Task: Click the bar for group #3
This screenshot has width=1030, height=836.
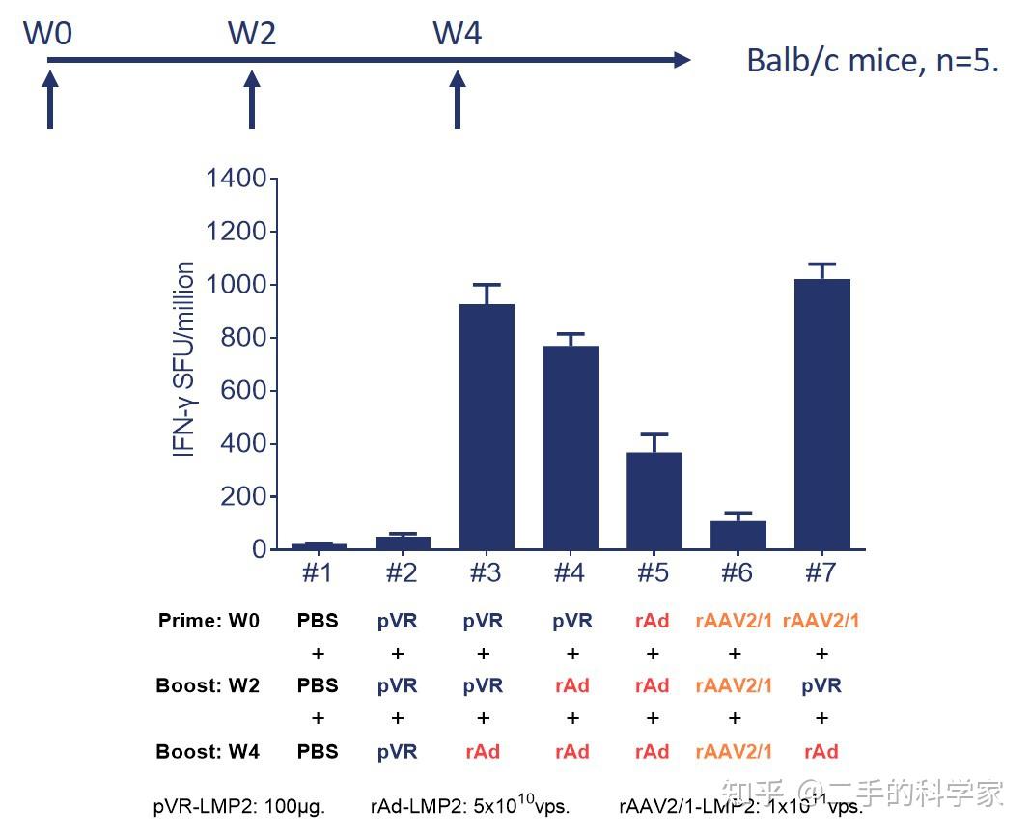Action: [486, 427]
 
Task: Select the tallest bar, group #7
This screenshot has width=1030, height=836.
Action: [821, 414]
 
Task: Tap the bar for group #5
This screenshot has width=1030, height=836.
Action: [654, 500]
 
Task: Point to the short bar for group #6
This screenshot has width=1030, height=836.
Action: [738, 535]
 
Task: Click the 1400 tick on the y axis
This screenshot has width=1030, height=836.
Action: [236, 179]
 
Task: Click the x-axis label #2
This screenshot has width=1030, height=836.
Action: [401, 573]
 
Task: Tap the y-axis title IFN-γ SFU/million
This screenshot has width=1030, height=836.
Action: [184, 359]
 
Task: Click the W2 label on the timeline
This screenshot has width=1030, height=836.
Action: [252, 34]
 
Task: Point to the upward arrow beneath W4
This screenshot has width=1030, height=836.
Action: [458, 101]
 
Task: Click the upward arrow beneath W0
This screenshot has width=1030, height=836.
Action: [50, 101]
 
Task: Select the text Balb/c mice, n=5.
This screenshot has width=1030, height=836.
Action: [873, 61]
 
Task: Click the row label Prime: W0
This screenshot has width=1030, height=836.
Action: [209, 621]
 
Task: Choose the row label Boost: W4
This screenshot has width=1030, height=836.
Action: [208, 751]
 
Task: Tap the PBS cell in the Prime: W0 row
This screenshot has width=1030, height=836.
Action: [318, 621]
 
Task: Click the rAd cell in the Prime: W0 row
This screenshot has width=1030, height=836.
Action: [653, 621]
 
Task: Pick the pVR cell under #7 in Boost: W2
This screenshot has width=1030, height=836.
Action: [821, 685]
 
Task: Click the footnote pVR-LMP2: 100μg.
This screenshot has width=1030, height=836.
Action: [238, 807]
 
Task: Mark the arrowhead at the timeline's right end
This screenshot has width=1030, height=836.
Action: [682, 61]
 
